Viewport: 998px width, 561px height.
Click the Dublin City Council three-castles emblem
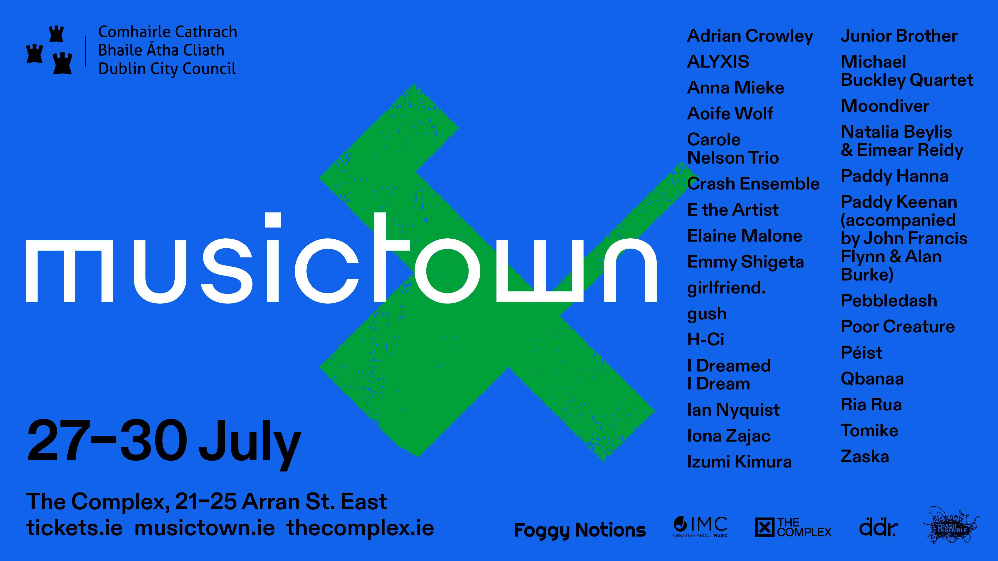coord(49,50)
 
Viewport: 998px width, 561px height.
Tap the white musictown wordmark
coord(341,258)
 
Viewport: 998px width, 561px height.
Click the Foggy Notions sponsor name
coord(580,530)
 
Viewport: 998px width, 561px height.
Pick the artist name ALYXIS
coord(718,62)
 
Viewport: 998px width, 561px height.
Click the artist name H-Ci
coord(706,340)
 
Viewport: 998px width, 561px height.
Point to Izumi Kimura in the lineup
coord(739,462)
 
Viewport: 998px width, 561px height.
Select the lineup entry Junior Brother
coord(899,36)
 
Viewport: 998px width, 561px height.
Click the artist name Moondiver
coord(885,106)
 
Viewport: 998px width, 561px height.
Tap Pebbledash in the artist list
coord(889,301)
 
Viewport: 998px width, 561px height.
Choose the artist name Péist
coord(861,352)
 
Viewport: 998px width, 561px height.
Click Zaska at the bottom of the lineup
coord(865,457)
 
